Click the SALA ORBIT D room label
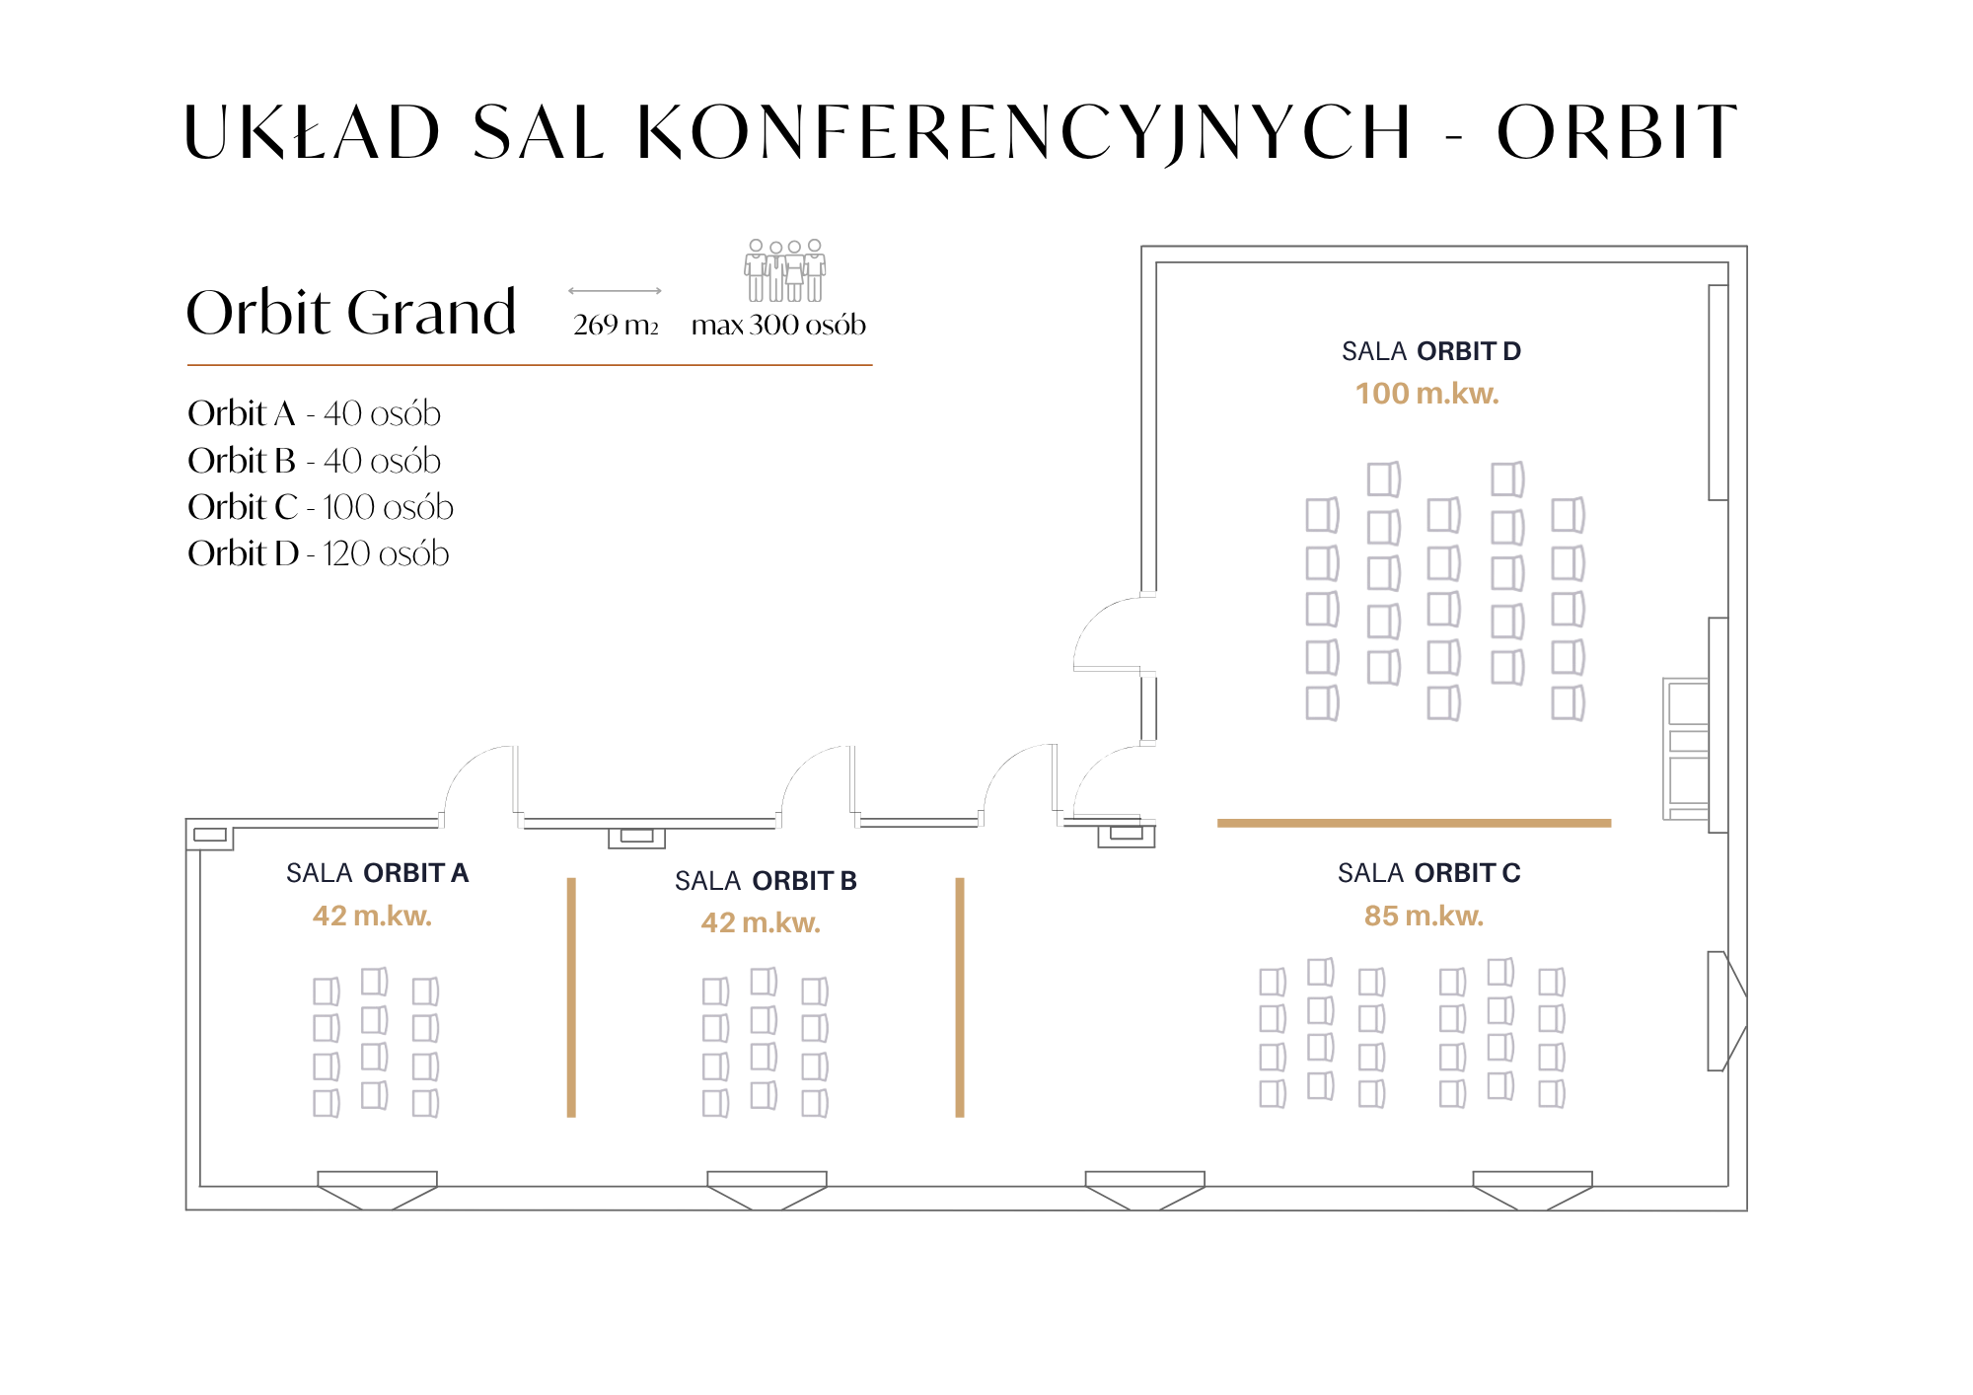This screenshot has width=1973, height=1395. (x=1430, y=351)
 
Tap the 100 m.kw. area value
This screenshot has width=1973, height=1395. (x=1426, y=394)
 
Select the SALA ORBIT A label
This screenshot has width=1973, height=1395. (x=377, y=873)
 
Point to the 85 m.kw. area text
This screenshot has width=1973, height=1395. (x=1424, y=916)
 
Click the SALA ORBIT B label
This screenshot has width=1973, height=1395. (x=766, y=880)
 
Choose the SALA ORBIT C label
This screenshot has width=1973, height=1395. (x=1428, y=873)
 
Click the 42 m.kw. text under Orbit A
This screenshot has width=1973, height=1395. (x=372, y=916)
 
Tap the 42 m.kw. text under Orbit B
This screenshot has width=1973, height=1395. (x=761, y=922)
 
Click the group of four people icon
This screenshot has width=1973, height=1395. (x=785, y=270)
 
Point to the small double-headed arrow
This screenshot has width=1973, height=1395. (x=615, y=291)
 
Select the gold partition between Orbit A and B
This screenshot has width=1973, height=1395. (x=571, y=996)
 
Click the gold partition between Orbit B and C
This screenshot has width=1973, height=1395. (x=960, y=996)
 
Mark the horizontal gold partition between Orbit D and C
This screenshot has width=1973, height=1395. (x=1414, y=823)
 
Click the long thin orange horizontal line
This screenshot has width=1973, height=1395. (x=529, y=365)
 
